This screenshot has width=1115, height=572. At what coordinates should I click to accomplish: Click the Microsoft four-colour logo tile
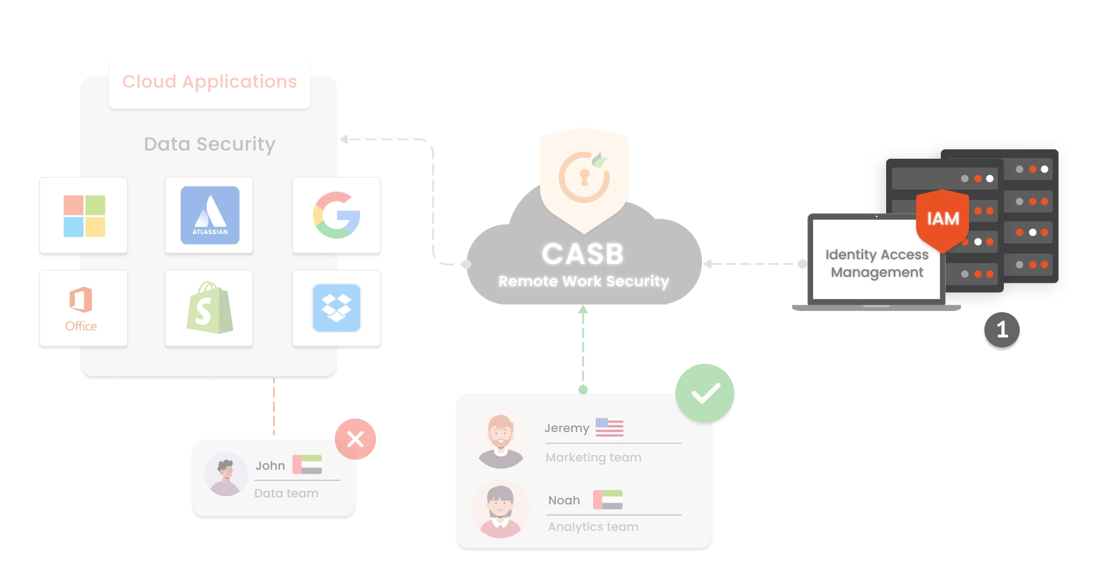[84, 216]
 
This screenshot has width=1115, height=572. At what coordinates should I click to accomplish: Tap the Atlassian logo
[209, 215]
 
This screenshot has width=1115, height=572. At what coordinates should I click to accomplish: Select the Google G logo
[337, 215]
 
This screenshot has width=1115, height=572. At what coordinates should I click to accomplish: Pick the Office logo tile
[82, 309]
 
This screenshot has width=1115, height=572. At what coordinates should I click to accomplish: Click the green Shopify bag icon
[209, 308]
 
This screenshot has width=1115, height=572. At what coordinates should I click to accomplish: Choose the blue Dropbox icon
[337, 308]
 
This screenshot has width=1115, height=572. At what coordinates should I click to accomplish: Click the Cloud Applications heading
[209, 81]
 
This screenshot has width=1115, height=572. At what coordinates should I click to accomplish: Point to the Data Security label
[209, 144]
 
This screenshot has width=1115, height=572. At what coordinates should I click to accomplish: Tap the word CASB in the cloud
[583, 255]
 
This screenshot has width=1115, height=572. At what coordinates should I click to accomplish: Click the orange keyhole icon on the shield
[584, 177]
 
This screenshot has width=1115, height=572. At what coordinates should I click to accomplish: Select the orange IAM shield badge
[943, 219]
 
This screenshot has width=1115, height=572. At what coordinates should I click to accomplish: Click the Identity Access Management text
[877, 263]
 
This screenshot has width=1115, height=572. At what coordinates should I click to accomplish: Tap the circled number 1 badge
[1002, 329]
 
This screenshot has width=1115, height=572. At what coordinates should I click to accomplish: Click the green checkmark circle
[705, 393]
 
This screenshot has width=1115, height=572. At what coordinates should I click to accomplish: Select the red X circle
[355, 439]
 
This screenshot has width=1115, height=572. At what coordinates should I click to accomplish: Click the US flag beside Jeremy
[609, 427]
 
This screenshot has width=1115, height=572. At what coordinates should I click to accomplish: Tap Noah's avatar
[500, 509]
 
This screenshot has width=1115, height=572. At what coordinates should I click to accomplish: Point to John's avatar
[226, 474]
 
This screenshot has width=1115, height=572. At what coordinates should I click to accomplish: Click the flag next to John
[307, 464]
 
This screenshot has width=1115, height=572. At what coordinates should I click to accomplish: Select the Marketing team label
[593, 457]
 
